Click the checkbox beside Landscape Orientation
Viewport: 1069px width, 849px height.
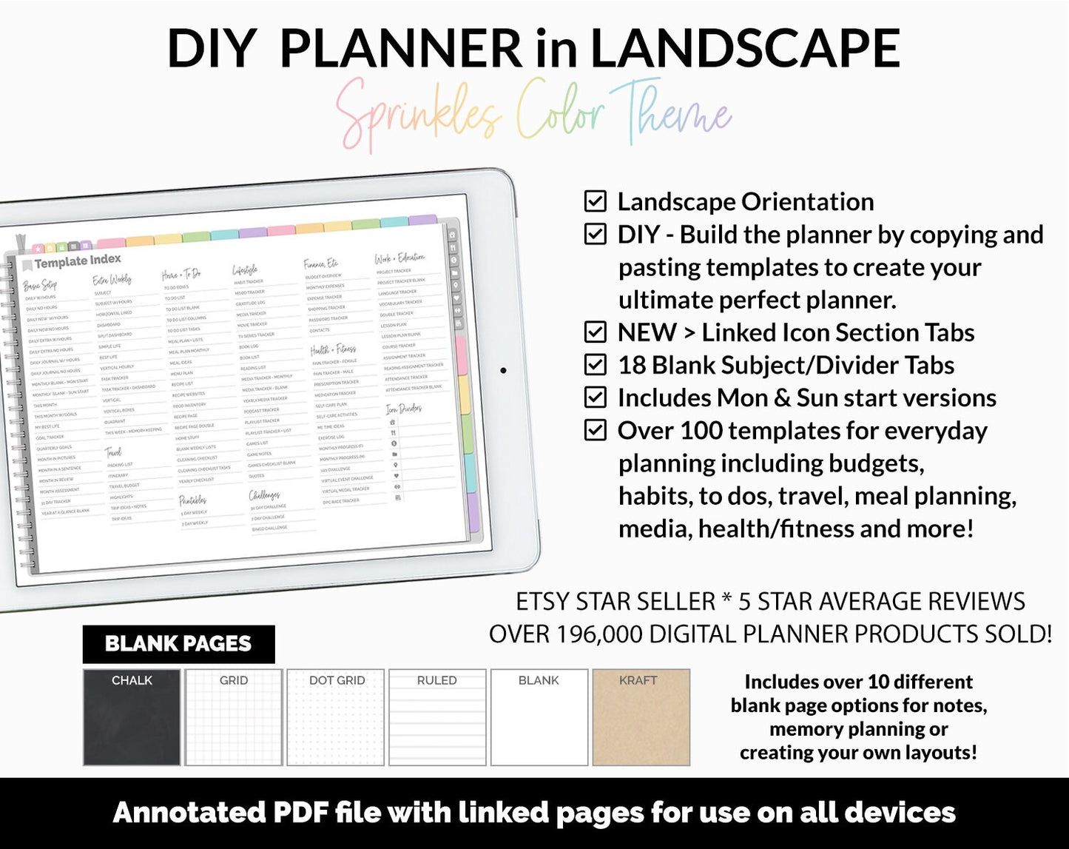tap(595, 201)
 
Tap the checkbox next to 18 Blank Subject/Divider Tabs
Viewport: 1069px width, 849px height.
tap(595, 365)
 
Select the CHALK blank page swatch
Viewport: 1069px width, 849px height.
tap(132, 717)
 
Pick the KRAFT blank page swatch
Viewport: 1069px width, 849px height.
tap(641, 717)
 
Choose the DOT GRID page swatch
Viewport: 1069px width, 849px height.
tap(336, 717)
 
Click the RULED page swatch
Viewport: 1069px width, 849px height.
tap(437, 717)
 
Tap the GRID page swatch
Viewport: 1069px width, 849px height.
tap(234, 717)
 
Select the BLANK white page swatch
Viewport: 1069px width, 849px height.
tap(539, 717)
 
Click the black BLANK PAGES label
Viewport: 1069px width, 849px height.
tap(178, 644)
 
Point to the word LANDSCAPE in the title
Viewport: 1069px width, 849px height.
tap(744, 49)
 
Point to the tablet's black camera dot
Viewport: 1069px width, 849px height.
tap(504, 370)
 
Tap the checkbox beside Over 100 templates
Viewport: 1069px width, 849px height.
tap(595, 430)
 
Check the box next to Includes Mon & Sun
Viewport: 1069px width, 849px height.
tap(595, 397)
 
